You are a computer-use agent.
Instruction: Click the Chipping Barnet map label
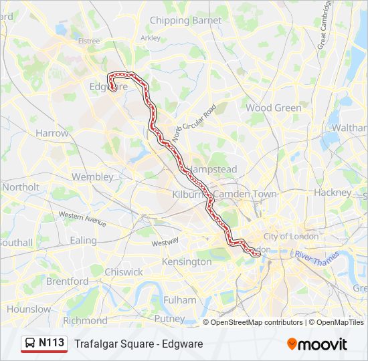[x=185, y=21]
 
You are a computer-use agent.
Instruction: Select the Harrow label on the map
[x=52, y=133]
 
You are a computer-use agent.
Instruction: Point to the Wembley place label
[x=92, y=177]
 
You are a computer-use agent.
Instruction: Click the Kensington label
[x=186, y=261]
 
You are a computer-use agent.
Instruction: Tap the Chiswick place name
[x=123, y=272]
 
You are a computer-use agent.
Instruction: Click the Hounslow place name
[x=29, y=310]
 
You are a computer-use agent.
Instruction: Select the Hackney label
[x=333, y=193]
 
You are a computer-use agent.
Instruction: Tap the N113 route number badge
[x=52, y=343]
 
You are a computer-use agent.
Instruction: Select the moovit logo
[x=317, y=344]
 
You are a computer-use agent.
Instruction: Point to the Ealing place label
[x=84, y=240]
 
